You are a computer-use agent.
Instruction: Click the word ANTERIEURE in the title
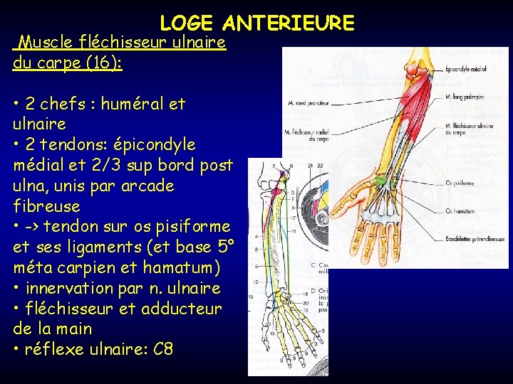tap(289, 23)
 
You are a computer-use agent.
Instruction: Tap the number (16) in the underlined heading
tap(102, 63)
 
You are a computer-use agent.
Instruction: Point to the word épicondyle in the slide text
tap(157, 144)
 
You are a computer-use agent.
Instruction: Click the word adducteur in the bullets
tap(187, 309)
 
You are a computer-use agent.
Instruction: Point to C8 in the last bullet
tap(163, 349)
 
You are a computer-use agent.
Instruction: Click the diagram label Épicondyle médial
tap(466, 69)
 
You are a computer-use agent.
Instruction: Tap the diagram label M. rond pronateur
tap(308, 102)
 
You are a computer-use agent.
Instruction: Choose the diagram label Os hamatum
tap(460, 210)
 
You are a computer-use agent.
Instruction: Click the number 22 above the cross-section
tap(320, 166)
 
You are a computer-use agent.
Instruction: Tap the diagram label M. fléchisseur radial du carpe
tap(307, 134)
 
